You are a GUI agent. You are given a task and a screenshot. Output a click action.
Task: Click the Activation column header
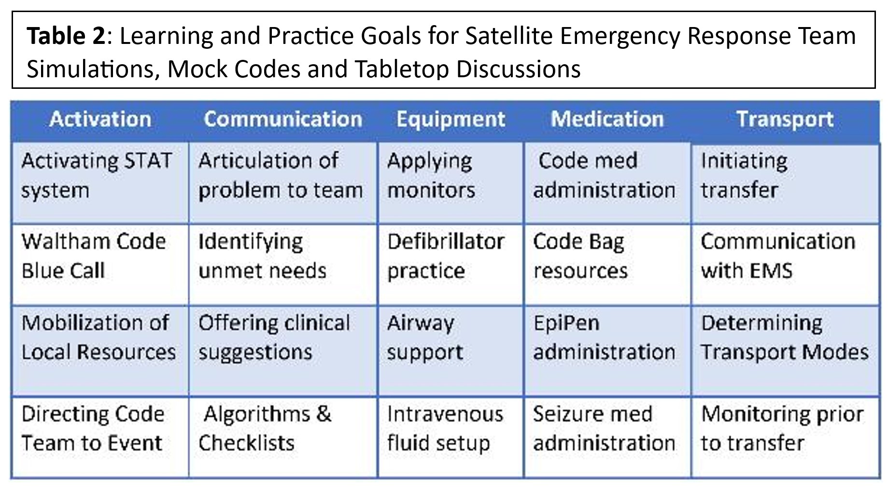click(x=100, y=119)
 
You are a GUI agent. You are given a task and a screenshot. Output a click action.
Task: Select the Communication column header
click(x=283, y=119)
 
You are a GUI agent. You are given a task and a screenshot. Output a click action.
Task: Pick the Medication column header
click(x=607, y=119)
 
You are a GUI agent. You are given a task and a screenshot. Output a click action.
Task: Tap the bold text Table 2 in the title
click(x=66, y=36)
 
